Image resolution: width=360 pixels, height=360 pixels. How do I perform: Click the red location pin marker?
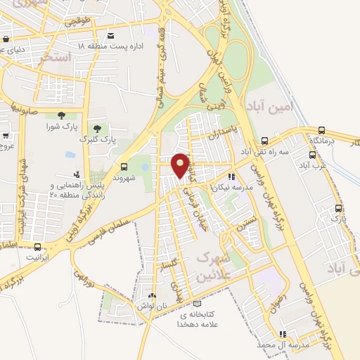[x=181, y=165]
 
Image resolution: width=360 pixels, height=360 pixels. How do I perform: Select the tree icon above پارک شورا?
[x=61, y=115]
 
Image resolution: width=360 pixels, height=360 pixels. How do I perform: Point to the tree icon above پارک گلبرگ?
[x=98, y=129]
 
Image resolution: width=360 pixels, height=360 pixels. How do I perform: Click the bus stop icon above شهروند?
[x=124, y=167]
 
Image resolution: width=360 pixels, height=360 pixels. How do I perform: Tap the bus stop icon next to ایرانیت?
[x=37, y=247]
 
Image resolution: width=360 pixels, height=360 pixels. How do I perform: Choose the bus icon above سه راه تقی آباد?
[x=264, y=141]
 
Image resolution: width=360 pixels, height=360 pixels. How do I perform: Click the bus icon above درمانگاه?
[x=321, y=130]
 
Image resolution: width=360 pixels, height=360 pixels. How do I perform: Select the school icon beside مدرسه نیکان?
[x=230, y=178]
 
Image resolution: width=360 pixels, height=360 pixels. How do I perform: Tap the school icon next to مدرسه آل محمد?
[x=283, y=335]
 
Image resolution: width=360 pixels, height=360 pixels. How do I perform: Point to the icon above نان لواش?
[x=153, y=295]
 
